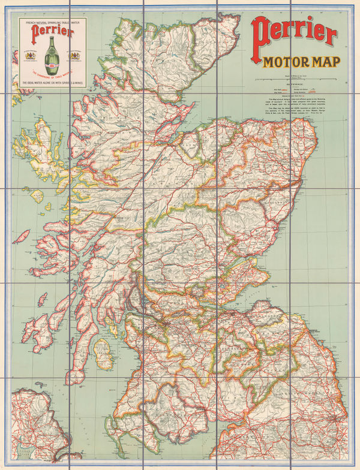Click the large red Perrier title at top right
(295, 34)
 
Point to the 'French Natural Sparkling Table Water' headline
(49, 23)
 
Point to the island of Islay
(44, 327)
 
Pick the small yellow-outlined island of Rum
(37, 196)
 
